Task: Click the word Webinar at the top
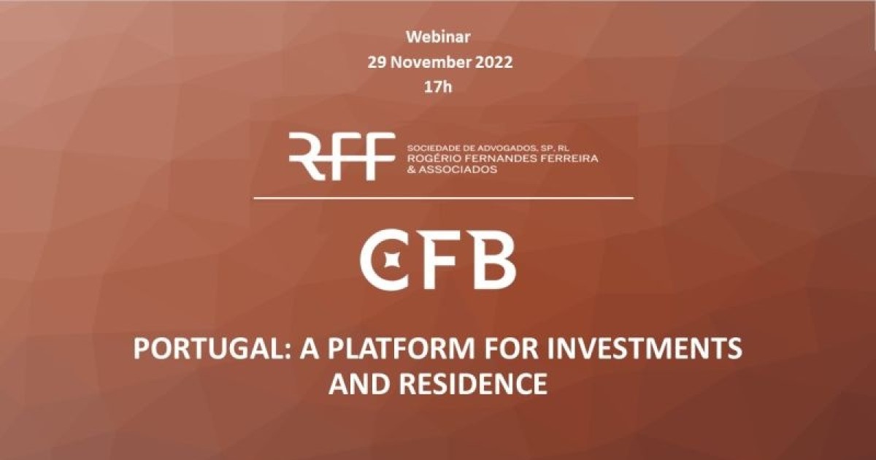(438, 37)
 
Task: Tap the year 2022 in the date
(493, 62)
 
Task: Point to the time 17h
(438, 87)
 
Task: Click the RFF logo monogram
(342, 156)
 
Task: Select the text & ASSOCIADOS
(452, 169)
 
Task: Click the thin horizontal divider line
(444, 198)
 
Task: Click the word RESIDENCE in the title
(472, 384)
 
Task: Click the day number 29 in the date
(377, 62)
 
